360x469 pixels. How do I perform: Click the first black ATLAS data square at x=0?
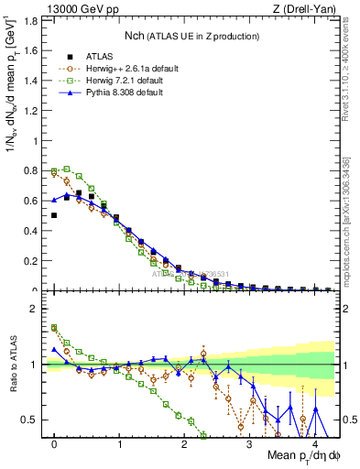click(x=54, y=215)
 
